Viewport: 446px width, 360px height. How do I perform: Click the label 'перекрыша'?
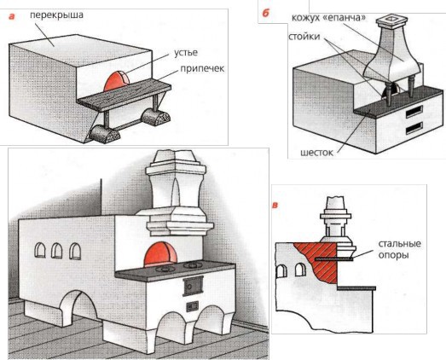pyautogui.click(x=61, y=15)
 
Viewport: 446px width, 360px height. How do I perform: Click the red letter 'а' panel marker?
pyautogui.click(x=11, y=16)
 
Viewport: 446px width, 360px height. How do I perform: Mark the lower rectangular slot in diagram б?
pyautogui.click(x=414, y=128)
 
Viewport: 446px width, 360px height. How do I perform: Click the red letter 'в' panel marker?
pyautogui.click(x=275, y=205)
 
